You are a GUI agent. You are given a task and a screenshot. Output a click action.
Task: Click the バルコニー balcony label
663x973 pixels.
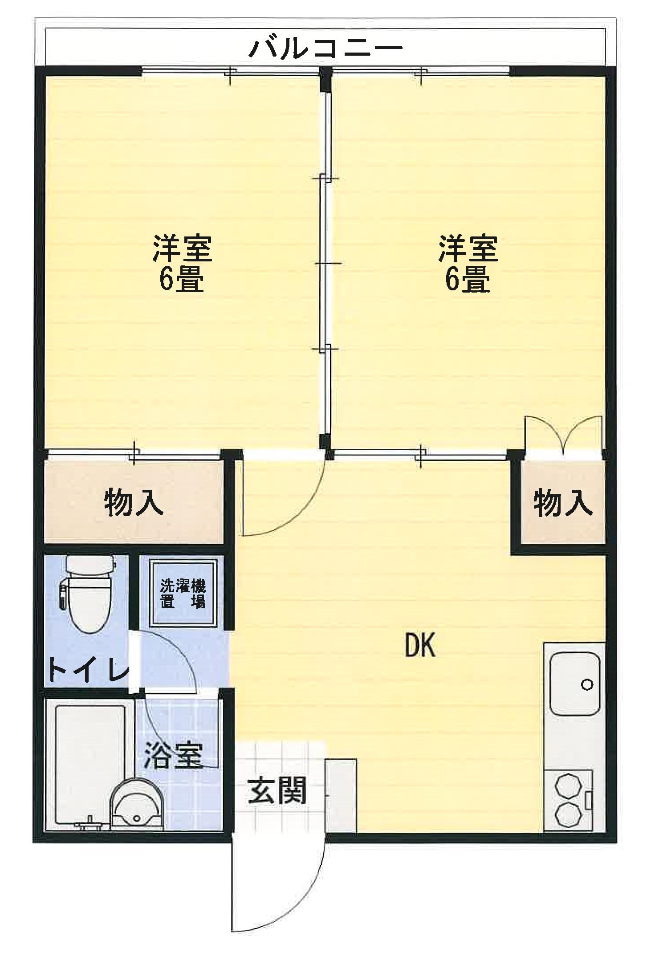(325, 49)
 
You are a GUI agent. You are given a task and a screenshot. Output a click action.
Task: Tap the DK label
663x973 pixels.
(420, 645)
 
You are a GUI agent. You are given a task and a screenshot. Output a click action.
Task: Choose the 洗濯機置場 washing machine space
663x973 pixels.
(183, 593)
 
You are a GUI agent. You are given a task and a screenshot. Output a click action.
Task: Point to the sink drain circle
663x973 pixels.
(587, 685)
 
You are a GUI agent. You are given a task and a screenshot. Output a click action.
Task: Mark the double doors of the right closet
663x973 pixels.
(563, 434)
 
